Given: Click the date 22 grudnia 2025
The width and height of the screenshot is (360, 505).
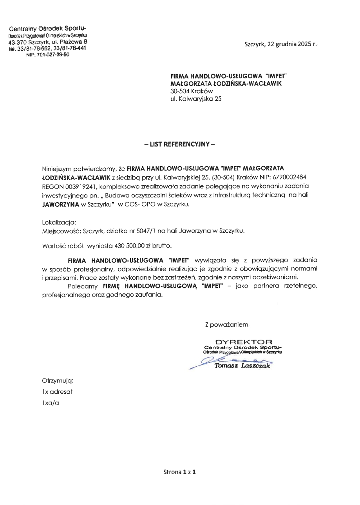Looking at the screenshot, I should [288, 44].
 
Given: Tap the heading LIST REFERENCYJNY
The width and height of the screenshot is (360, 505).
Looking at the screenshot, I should [180, 144].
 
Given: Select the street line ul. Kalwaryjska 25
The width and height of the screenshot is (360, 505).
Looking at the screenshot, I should [196, 99].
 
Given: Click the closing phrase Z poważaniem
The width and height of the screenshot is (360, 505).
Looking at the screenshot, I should [227, 324].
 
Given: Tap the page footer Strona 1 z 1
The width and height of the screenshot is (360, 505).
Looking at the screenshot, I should [179, 472].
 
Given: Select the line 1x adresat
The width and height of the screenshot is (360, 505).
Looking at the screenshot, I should [57, 391].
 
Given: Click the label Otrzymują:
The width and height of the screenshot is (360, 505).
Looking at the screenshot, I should [58, 380].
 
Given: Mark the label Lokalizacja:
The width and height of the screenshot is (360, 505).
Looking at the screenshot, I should [59, 222].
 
